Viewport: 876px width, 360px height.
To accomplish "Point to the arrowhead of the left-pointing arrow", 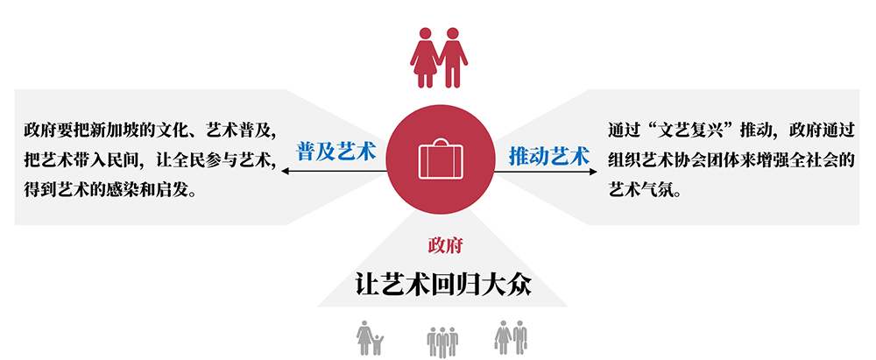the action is tap(285, 172).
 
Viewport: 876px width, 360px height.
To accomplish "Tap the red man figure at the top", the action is tap(452, 58).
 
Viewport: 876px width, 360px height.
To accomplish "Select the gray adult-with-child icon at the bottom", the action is tap(369, 338).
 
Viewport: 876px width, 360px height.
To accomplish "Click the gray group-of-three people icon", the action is tap(442, 340).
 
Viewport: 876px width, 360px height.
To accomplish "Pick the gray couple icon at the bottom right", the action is tap(510, 338).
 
